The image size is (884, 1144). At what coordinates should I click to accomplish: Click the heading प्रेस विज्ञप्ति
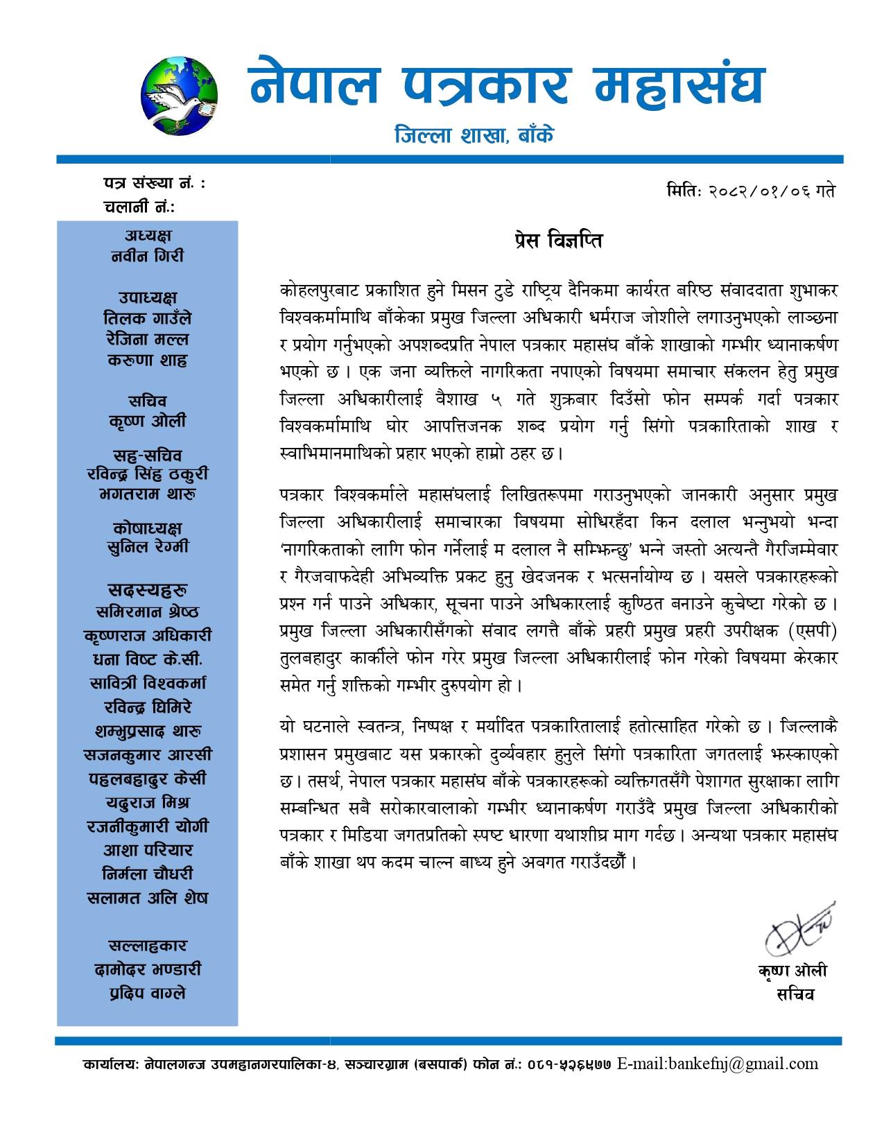pyautogui.click(x=554, y=241)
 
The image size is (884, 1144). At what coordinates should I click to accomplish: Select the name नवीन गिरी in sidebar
pyautogui.click(x=148, y=256)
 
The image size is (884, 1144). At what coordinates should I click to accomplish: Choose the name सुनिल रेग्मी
pyautogui.click(x=148, y=547)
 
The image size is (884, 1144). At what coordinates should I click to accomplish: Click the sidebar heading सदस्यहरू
pyautogui.click(x=148, y=591)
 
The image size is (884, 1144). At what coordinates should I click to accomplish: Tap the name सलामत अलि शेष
pyautogui.click(x=148, y=898)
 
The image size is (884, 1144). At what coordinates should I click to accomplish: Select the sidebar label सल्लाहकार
pyautogui.click(x=148, y=946)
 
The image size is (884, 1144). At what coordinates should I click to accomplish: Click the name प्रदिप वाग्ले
pyautogui.click(x=148, y=993)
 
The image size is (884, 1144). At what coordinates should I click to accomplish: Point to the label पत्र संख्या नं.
pyautogui.click(x=153, y=184)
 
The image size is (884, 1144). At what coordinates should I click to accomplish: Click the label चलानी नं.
pyautogui.click(x=139, y=207)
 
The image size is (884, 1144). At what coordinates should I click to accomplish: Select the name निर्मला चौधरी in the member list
pyautogui.click(x=148, y=874)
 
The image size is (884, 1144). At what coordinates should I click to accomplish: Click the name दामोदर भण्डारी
pyautogui.click(x=148, y=969)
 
